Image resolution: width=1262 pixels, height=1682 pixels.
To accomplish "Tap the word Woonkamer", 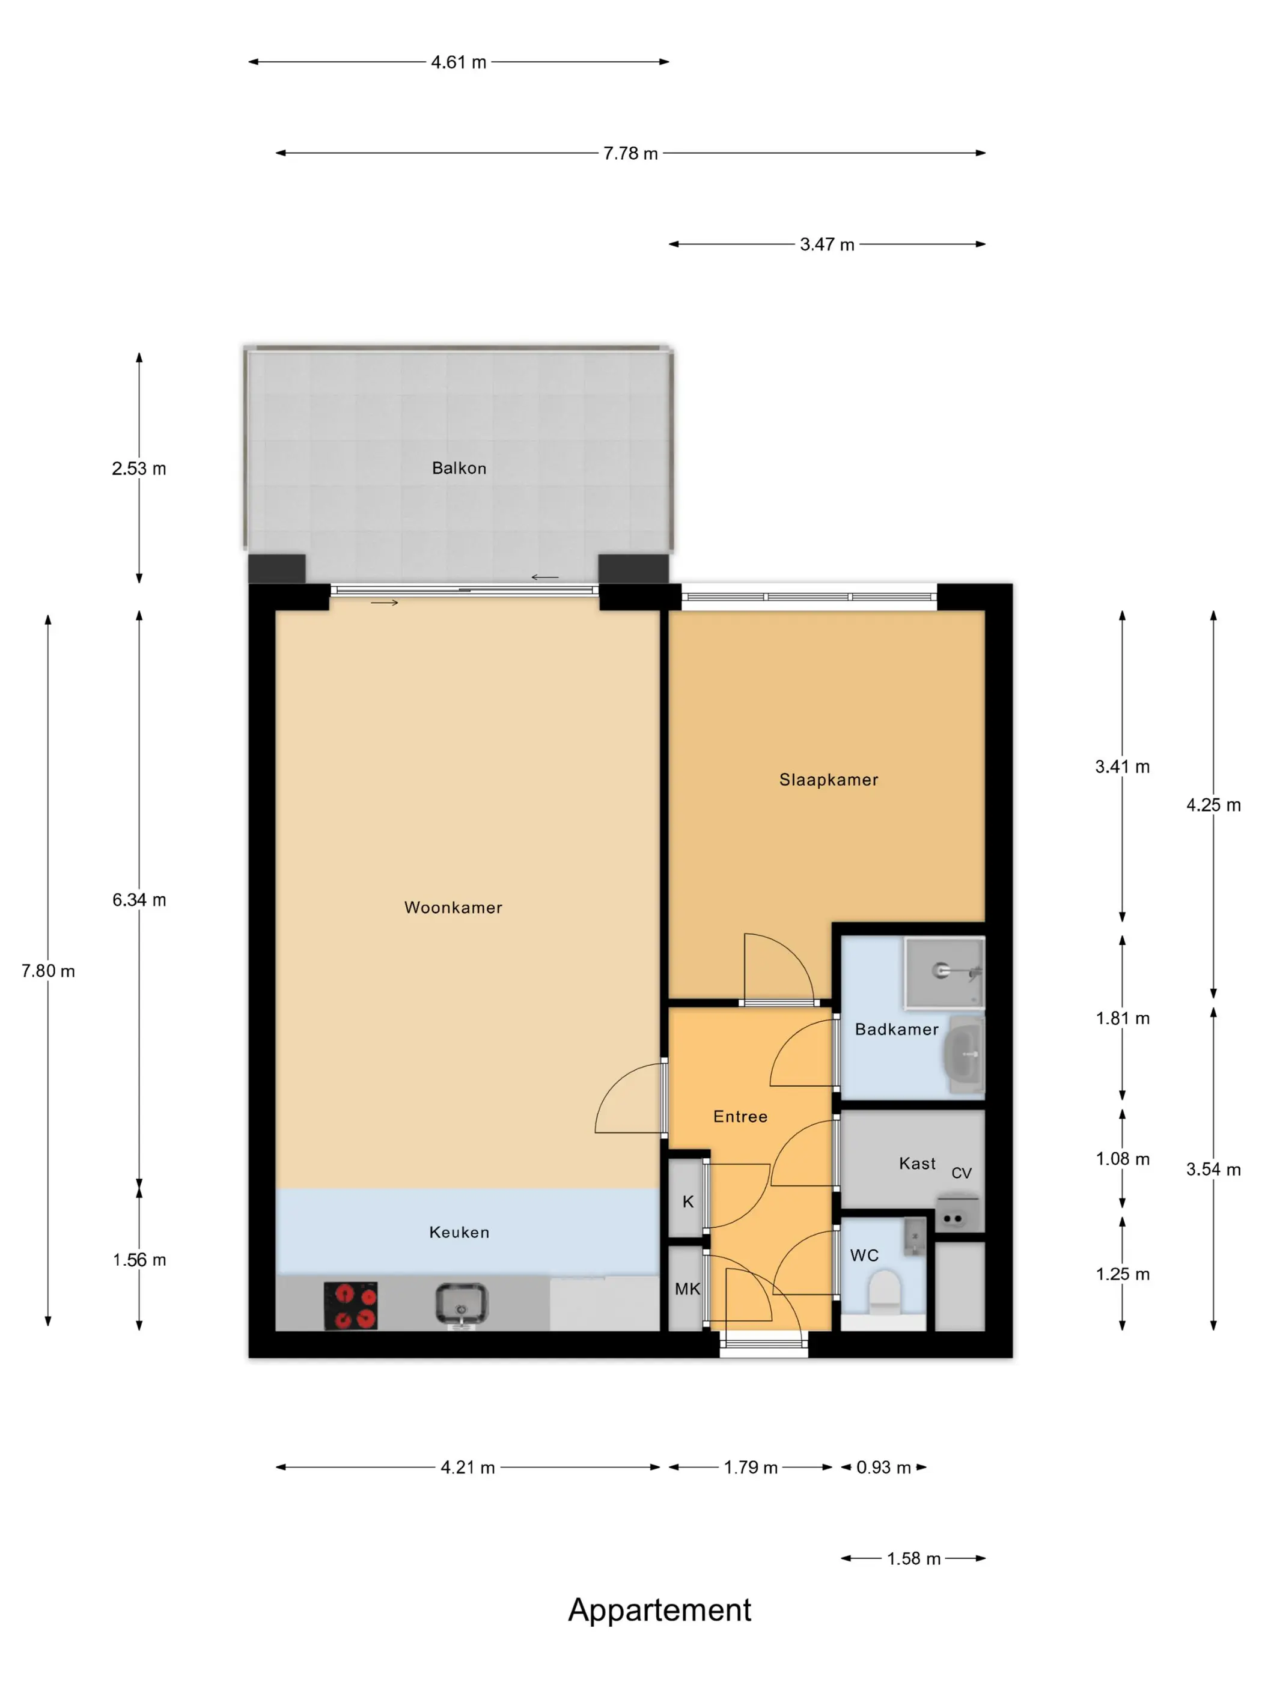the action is [453, 907].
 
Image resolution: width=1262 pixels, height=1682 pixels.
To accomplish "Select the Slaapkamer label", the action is [828, 779].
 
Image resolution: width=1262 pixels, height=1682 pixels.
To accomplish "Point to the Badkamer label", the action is [897, 1029].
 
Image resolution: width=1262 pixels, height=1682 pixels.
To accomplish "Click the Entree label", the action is [740, 1116].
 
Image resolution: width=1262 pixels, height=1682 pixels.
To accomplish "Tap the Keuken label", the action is [459, 1232].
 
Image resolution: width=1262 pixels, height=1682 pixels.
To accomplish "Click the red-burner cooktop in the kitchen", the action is [351, 1305].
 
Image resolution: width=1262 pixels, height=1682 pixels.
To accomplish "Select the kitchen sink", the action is [461, 1305].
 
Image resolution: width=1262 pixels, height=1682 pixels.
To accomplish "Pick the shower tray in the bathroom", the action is [944, 973].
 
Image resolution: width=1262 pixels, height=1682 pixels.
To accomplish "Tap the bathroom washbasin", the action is [965, 1055].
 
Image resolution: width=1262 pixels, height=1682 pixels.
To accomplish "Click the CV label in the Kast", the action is [962, 1173].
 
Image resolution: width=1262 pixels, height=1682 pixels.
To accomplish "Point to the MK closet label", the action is [687, 1289].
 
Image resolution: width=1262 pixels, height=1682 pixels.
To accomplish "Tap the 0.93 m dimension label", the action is [884, 1468].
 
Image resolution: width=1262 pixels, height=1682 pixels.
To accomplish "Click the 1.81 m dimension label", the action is [1123, 1018].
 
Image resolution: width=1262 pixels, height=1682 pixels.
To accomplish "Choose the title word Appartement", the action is [659, 1611].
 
